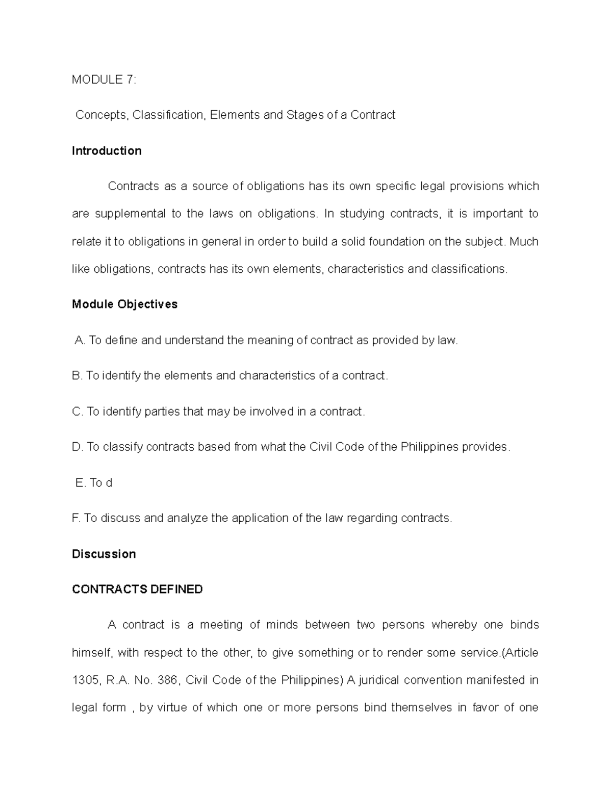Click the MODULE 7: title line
point(104,80)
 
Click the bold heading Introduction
point(107,151)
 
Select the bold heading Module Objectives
point(124,304)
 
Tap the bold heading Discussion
point(104,554)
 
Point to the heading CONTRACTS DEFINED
point(137,590)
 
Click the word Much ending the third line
point(524,241)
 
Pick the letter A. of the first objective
point(80,340)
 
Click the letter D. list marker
point(78,447)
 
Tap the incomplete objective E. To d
point(93,483)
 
